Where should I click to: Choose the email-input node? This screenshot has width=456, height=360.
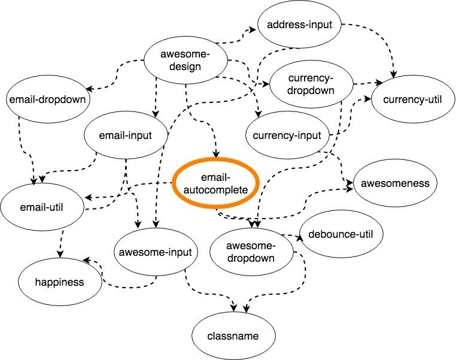coord(126,135)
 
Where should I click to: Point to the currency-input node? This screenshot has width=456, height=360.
coord(288,135)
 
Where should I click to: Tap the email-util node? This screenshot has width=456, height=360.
coord(41,208)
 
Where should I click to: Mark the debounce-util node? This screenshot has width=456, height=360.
coord(341,234)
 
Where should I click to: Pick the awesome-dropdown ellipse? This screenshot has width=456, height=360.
coord(251,252)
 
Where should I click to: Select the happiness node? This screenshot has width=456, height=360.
coord(60,281)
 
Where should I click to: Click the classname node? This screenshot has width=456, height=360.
coord(234,335)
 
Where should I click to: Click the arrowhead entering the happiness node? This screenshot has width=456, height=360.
coord(86,260)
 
